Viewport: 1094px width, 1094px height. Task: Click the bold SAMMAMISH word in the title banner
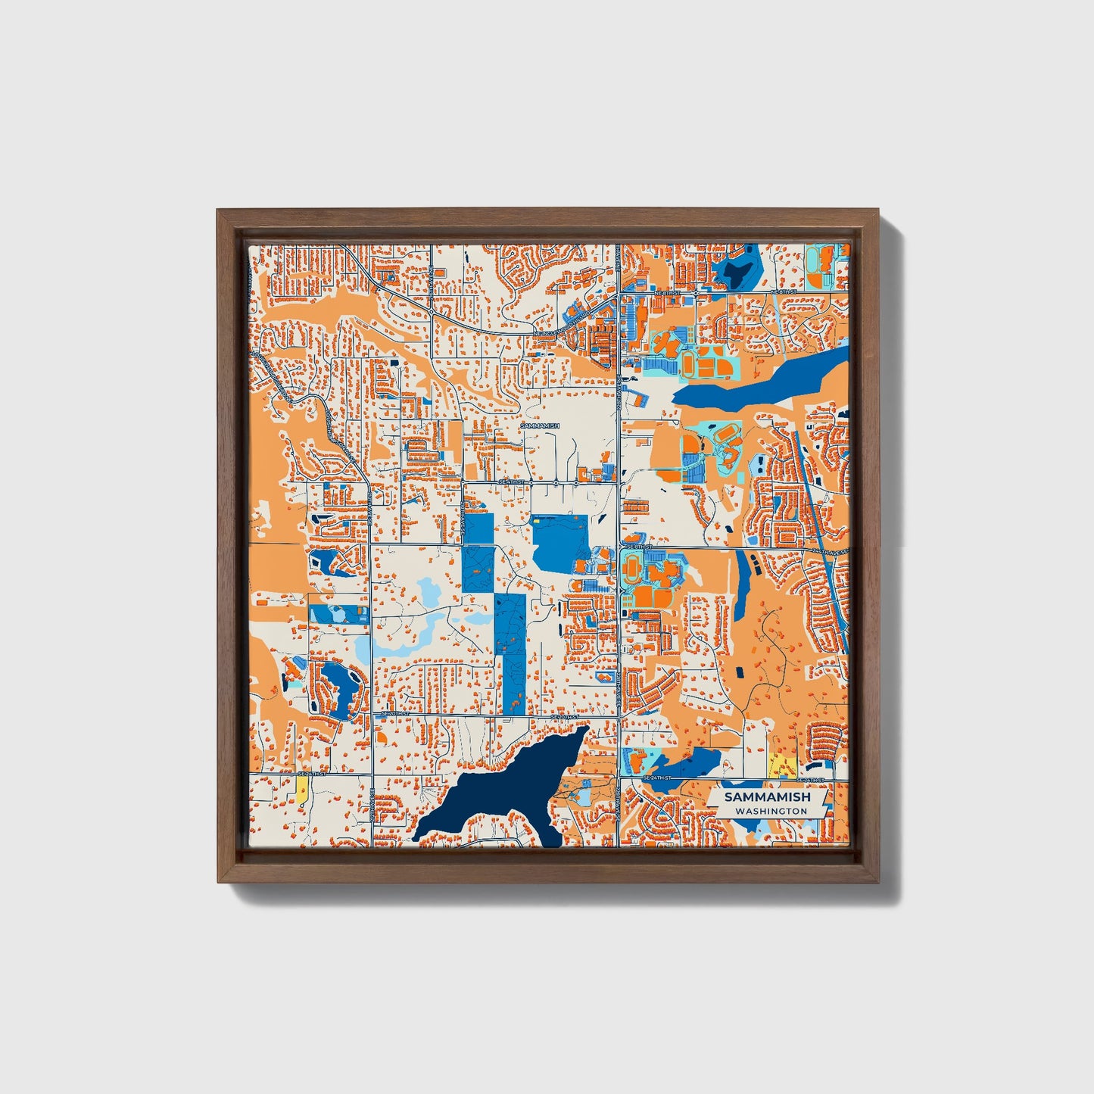767,797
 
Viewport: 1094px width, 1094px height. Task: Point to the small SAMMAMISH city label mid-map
540,426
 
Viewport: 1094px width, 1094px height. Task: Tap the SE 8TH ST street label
638,546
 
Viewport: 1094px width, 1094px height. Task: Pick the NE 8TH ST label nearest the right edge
784,291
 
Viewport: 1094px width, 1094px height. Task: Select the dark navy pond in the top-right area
734,270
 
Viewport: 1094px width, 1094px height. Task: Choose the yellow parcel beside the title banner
781,766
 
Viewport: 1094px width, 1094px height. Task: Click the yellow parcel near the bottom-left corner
302,792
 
